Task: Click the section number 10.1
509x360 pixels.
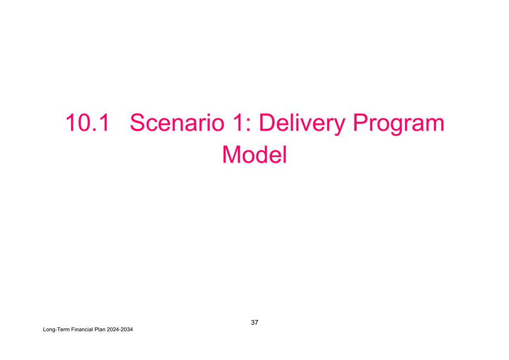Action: point(87,123)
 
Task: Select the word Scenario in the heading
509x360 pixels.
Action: point(177,123)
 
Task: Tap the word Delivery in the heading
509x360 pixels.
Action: point(302,124)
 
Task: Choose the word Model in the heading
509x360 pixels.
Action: point(255,155)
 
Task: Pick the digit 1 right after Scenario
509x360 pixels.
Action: point(238,123)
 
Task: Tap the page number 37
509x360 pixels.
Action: point(255,322)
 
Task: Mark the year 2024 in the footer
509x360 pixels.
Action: point(112,329)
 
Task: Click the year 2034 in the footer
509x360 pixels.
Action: point(127,329)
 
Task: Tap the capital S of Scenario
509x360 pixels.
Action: point(137,122)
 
